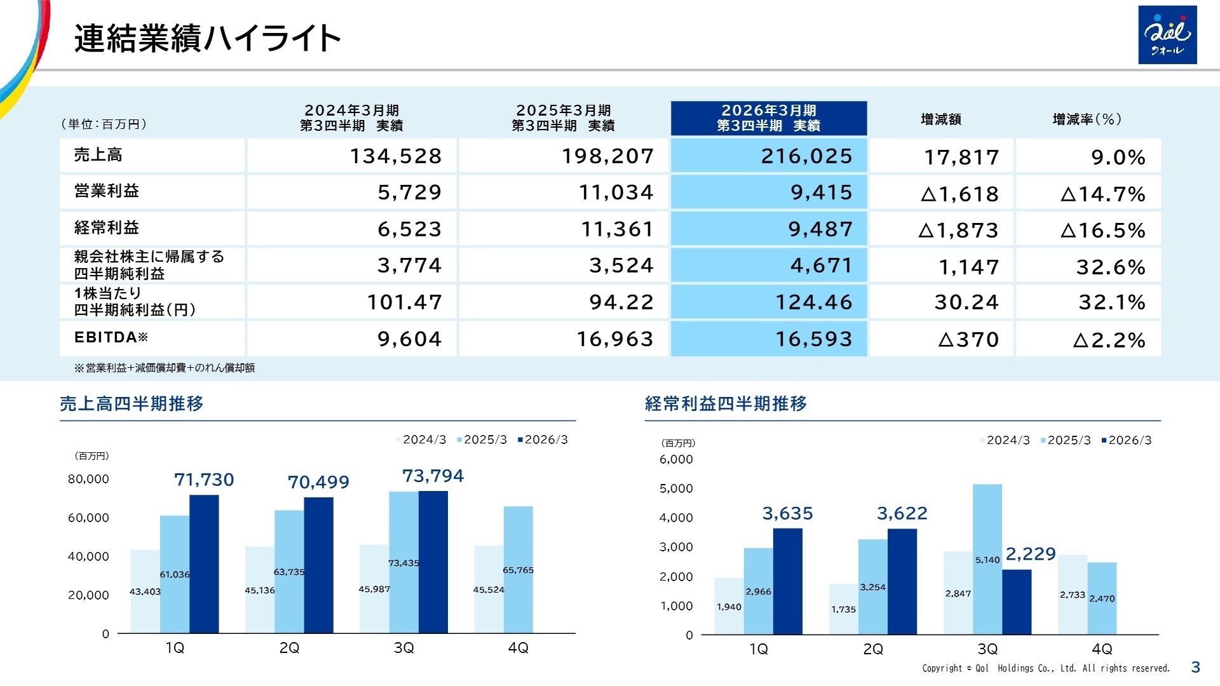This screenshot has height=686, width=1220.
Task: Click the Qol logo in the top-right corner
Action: click(x=1167, y=35)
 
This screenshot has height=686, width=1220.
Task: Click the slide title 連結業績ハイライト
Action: click(x=207, y=38)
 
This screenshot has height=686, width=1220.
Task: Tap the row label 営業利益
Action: click(x=107, y=191)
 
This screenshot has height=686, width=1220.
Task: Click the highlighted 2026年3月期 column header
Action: click(x=768, y=118)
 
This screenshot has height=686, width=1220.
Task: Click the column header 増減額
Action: click(x=940, y=119)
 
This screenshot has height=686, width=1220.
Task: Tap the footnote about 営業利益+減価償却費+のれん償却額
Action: click(x=165, y=368)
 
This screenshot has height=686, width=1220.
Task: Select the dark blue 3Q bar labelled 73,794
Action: click(x=433, y=562)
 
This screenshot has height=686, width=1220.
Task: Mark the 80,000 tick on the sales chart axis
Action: click(x=88, y=479)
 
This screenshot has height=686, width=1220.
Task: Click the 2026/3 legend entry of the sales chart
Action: click(x=543, y=440)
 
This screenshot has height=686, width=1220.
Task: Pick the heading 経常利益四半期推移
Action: click(x=726, y=404)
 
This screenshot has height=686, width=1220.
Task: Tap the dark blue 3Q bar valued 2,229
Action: click(x=1017, y=602)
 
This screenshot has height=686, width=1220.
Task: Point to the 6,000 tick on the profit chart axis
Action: click(x=676, y=459)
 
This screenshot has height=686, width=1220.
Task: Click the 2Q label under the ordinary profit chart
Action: click(x=873, y=649)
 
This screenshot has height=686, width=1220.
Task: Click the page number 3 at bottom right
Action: click(x=1195, y=667)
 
